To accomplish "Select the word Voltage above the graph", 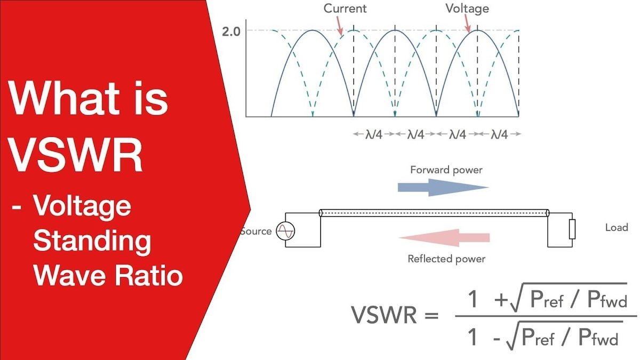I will tap(467, 9).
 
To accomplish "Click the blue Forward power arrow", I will tap(443, 187).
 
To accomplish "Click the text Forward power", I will tap(446, 170).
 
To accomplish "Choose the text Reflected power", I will tap(446, 259).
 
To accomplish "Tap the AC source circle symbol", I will tap(285, 231).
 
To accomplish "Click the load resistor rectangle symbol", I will tap(572, 229).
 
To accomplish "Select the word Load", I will tap(617, 227).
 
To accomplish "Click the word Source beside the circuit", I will tap(257, 231).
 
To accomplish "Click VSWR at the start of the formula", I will tap(384, 315).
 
